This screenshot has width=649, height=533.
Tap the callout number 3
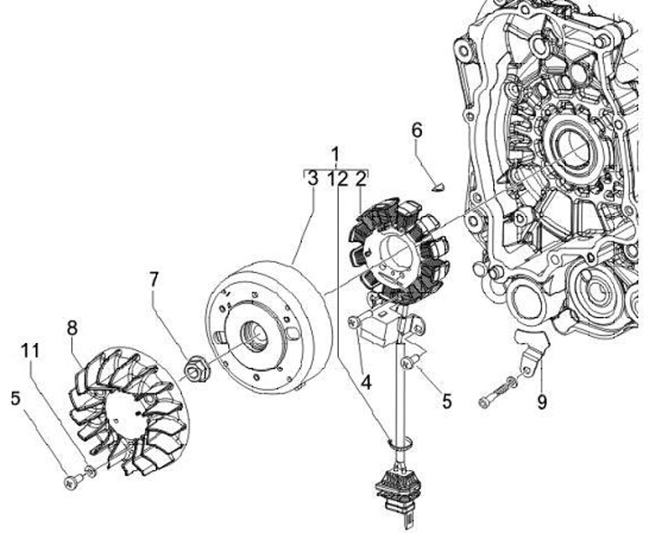(x=312, y=178)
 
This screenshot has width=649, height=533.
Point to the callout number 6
(x=416, y=130)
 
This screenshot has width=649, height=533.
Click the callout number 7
(x=154, y=280)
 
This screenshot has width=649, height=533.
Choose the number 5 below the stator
(x=446, y=402)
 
